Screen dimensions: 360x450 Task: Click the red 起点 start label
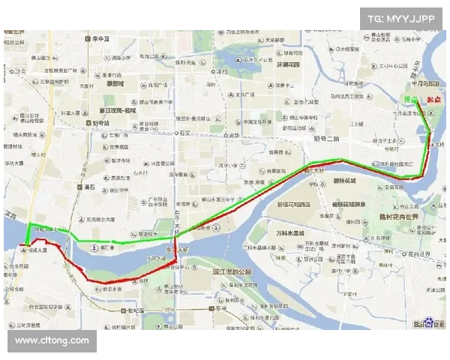[433, 100]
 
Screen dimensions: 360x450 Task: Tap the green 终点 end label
[410, 99]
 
